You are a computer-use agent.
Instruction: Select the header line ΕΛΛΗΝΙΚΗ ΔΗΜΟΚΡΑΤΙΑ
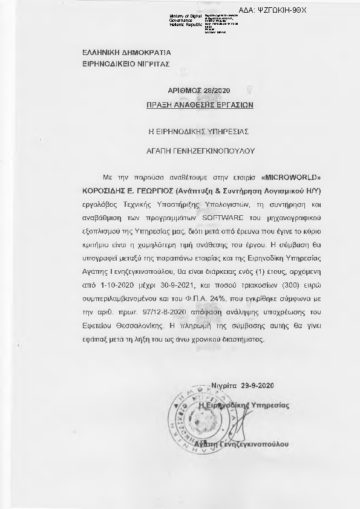pos(117,53)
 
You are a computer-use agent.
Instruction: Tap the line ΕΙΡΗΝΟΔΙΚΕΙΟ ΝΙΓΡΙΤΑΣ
pos(117,63)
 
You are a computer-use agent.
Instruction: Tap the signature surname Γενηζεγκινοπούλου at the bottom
pos(258,444)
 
